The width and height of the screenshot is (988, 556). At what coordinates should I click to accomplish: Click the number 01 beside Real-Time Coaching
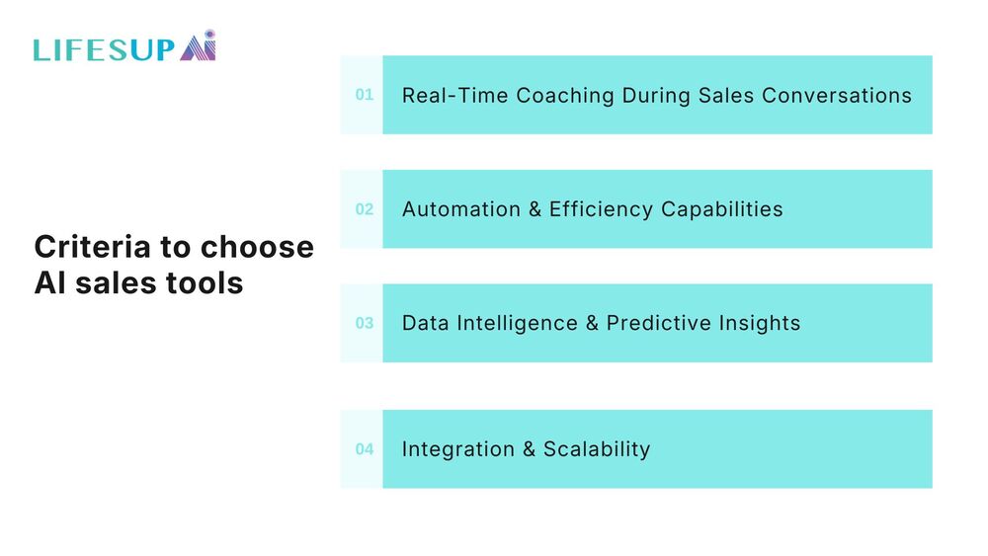click(365, 95)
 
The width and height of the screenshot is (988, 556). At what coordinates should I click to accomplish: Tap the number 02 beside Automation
click(365, 209)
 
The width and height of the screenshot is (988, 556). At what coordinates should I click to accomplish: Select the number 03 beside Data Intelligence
click(365, 323)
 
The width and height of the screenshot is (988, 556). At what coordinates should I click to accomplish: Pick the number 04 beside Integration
click(365, 449)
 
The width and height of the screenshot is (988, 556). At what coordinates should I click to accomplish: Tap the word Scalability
click(597, 449)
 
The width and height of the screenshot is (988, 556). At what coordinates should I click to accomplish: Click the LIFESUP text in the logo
click(103, 49)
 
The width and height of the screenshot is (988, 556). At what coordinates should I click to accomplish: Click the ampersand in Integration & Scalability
click(529, 449)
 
